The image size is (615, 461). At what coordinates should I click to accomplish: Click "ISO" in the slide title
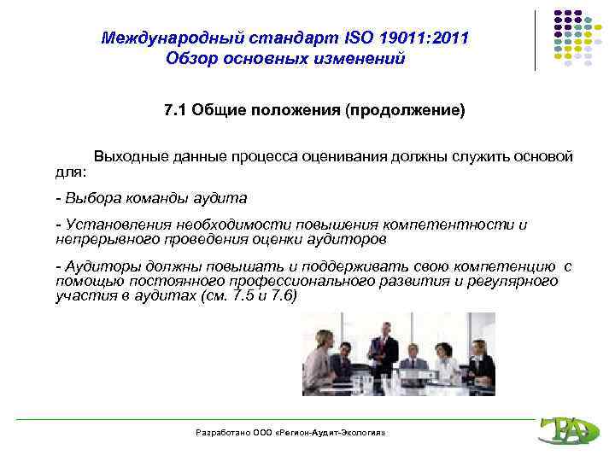coord(360,38)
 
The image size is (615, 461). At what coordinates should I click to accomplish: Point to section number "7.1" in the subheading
coord(176,111)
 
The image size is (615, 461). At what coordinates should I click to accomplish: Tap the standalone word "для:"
coord(70,172)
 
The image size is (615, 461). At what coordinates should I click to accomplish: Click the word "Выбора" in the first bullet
coord(88,198)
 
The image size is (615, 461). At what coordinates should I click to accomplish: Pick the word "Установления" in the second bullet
coord(109,225)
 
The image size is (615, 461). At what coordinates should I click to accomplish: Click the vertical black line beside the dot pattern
coord(536,39)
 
